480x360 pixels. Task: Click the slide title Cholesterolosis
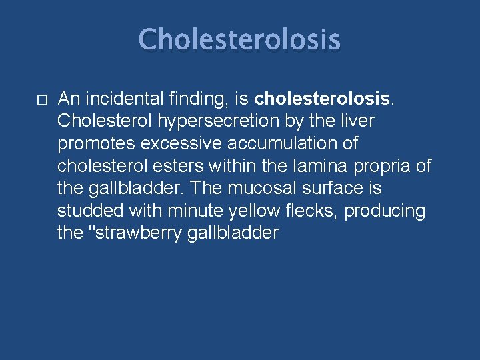click(239, 39)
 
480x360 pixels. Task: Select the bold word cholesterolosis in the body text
click(322, 99)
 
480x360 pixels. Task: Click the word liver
click(357, 121)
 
